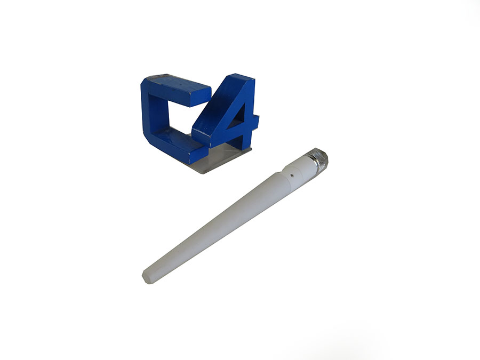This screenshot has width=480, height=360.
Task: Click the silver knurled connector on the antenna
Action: pos(319,159)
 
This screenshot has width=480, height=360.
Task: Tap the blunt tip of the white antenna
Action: pos(147,277)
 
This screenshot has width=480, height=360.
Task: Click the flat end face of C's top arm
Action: pos(201,95)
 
